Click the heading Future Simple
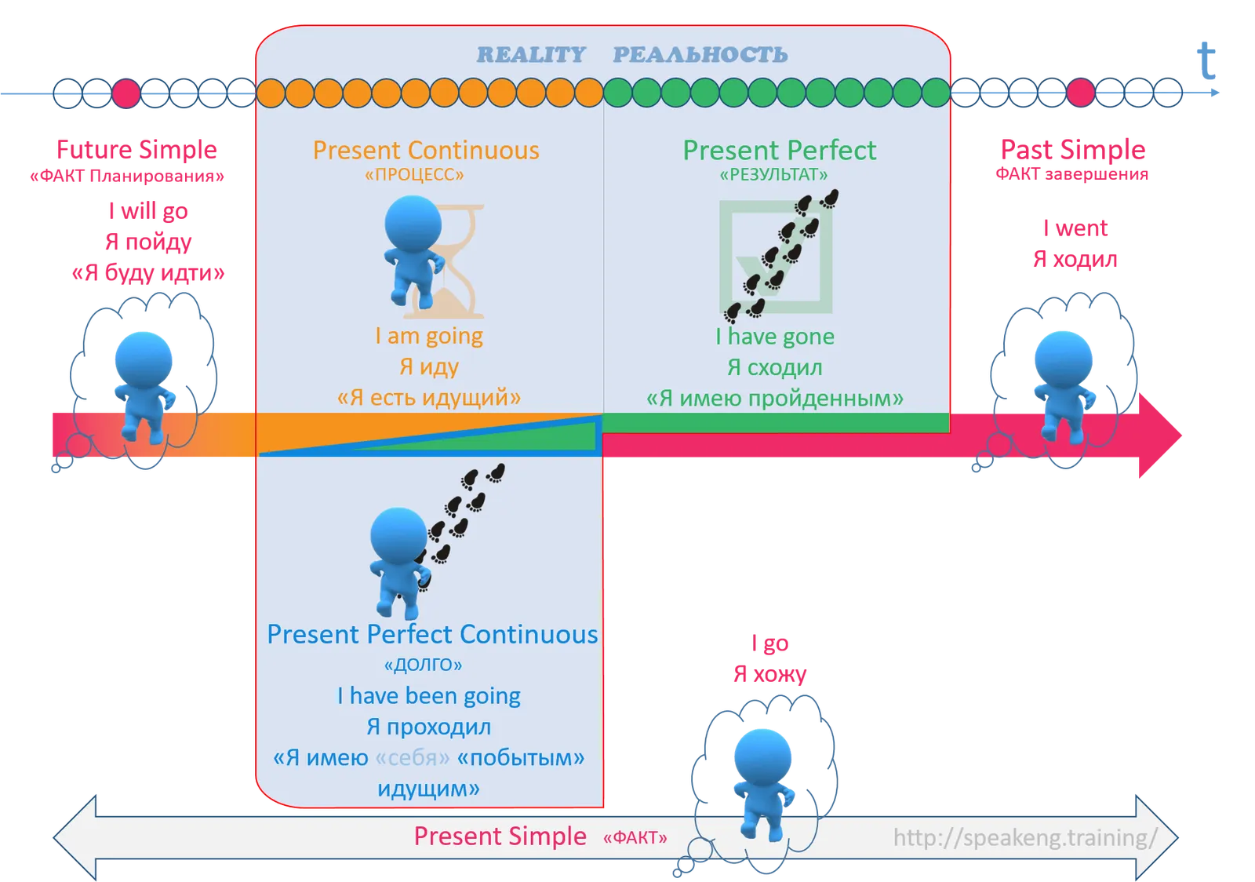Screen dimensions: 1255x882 pos(136,150)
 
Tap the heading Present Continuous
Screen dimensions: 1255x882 pos(426,150)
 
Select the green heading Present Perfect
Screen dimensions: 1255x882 pos(780,150)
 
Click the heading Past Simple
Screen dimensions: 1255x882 pos(1073,150)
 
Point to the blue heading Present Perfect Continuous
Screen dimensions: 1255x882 pos(432,634)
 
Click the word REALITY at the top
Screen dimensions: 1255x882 pos(531,55)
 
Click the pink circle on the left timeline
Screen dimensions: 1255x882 pos(126,93)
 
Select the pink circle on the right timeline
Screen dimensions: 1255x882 pos(1080,93)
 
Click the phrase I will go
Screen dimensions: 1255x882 pos(148,211)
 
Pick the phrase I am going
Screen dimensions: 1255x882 pos(429,336)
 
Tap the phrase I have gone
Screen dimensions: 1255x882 pos(775,336)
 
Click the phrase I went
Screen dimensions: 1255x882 pos(1075,228)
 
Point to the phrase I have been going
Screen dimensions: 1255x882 pos(428,696)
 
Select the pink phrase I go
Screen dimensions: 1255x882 pos(769,643)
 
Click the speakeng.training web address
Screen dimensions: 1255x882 pos(1025,838)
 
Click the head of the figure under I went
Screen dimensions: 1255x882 pos(1063,359)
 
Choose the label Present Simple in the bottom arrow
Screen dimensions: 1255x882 pos(500,836)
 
